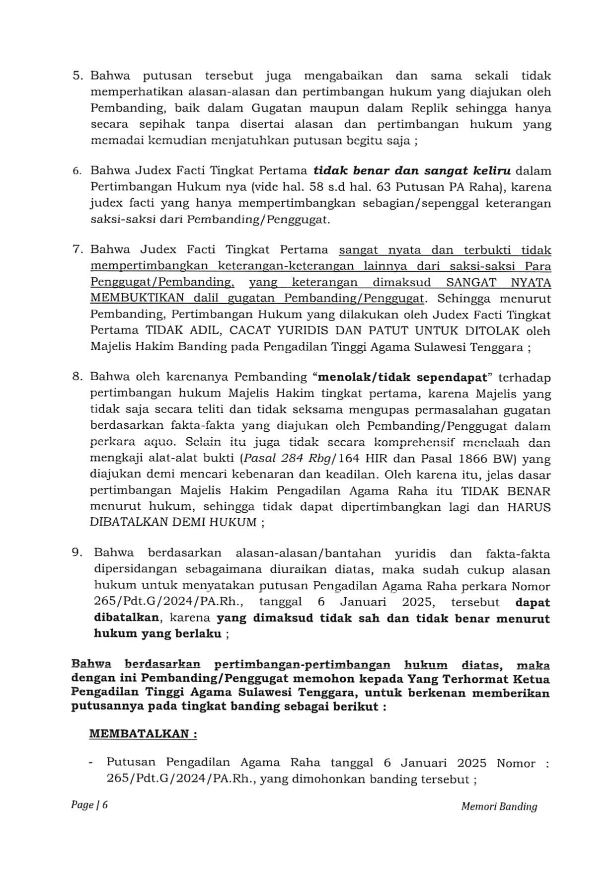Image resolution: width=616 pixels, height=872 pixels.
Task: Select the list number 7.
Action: [77, 249]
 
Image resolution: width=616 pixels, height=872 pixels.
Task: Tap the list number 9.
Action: [77, 553]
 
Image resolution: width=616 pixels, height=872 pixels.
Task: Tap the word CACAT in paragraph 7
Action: [247, 331]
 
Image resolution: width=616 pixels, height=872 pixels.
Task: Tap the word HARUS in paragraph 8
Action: [529, 507]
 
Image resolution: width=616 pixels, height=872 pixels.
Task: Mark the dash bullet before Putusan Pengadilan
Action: [90, 763]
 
